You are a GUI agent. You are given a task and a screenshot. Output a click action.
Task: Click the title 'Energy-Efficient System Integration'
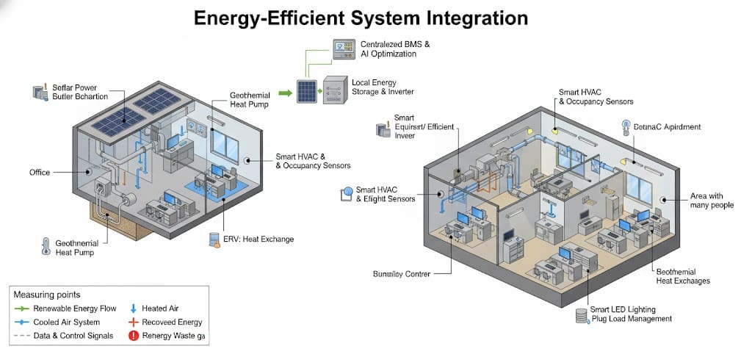pos(361,18)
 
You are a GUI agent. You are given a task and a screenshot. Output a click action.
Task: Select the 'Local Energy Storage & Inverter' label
pos(383,87)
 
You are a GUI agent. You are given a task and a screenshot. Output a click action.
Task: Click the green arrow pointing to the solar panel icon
pos(284,93)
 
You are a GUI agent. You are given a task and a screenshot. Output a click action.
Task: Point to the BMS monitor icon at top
pos(343,49)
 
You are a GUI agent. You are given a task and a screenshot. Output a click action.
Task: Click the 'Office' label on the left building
pos(40,173)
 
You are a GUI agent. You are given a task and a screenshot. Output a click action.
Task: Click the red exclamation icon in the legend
pos(134,336)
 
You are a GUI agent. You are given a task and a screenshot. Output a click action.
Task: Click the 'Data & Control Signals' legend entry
pos(73,336)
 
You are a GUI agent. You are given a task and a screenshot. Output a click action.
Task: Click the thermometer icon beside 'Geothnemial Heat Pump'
pos(46,245)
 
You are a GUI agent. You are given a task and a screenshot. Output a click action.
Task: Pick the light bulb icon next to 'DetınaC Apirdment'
pos(625,126)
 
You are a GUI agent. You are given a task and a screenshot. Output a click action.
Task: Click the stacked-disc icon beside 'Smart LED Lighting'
pos(582,315)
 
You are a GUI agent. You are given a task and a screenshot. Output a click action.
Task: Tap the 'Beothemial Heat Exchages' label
pos(682,276)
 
